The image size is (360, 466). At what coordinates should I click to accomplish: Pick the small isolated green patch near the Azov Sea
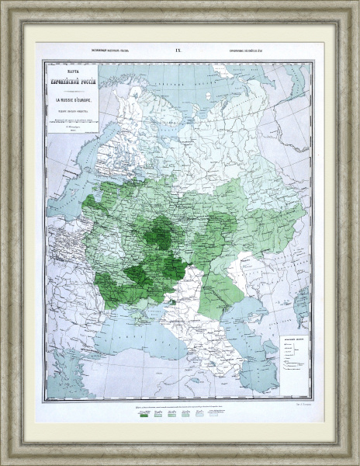[176, 301]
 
